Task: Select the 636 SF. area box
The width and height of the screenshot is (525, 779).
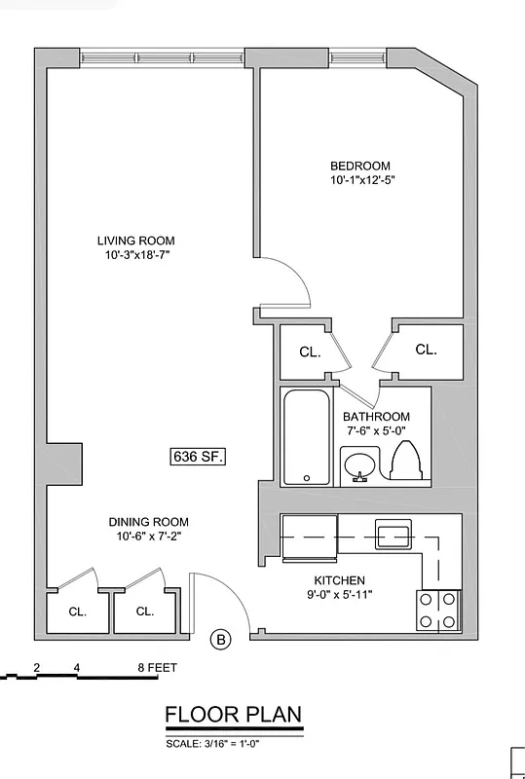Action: [198, 455]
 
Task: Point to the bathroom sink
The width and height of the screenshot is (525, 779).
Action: [358, 464]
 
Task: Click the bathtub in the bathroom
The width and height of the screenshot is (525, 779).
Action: [308, 436]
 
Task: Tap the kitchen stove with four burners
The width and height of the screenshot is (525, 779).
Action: [438, 611]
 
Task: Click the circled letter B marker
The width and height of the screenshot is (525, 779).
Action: [222, 640]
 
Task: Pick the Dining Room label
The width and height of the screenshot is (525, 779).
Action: [148, 522]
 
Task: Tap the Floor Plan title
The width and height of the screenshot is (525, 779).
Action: [233, 716]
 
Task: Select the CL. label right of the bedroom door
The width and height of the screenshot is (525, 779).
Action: [426, 350]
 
